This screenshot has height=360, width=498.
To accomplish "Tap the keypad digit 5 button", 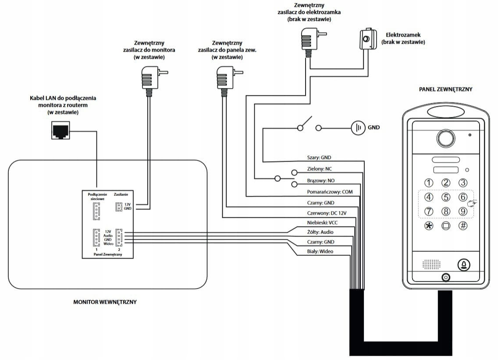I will (446, 198).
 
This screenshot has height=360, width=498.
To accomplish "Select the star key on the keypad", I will (429, 226).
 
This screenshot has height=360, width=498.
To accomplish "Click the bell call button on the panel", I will (464, 265).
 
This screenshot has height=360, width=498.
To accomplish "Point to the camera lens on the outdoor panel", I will (445, 139).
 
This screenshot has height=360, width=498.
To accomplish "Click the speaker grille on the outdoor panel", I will (431, 264).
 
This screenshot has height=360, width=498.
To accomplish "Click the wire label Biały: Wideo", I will (320, 251).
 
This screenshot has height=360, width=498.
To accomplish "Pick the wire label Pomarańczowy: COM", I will (329, 192).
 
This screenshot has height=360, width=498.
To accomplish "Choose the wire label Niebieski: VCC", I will (322, 223).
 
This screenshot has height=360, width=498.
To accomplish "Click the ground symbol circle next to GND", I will (358, 128).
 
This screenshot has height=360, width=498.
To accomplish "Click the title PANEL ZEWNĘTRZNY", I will (445, 89).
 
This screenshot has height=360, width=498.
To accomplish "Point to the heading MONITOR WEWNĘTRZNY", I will (104, 302).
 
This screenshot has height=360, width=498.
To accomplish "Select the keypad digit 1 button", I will (429, 183).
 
